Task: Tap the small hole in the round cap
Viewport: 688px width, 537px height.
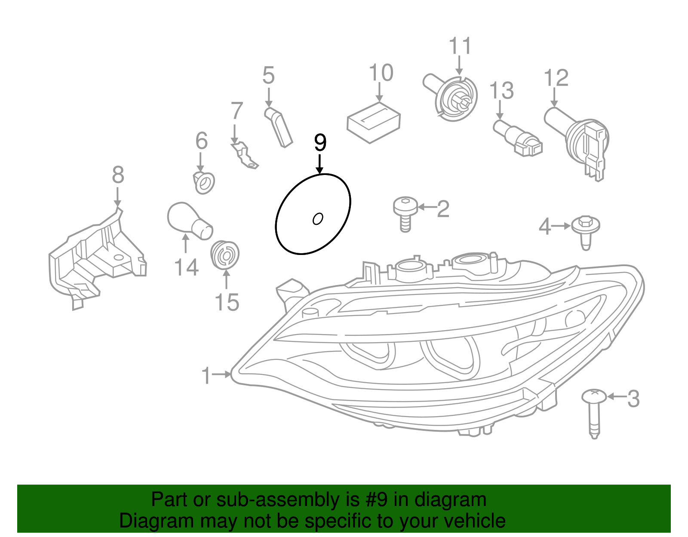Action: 318,219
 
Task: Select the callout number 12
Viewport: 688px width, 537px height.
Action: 556,78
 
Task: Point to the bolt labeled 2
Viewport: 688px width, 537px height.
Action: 405,214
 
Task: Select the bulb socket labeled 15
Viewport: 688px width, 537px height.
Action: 225,254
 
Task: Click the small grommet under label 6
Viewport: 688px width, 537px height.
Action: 203,183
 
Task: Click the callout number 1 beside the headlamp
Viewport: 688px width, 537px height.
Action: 206,375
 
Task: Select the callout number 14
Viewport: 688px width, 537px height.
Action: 186,267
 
